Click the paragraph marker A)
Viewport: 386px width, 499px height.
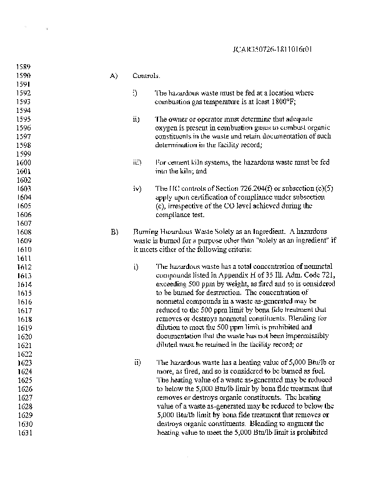tap(114, 76)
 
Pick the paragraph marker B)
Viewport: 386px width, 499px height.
tap(114, 232)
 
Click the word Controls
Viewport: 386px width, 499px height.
tap(146, 76)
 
